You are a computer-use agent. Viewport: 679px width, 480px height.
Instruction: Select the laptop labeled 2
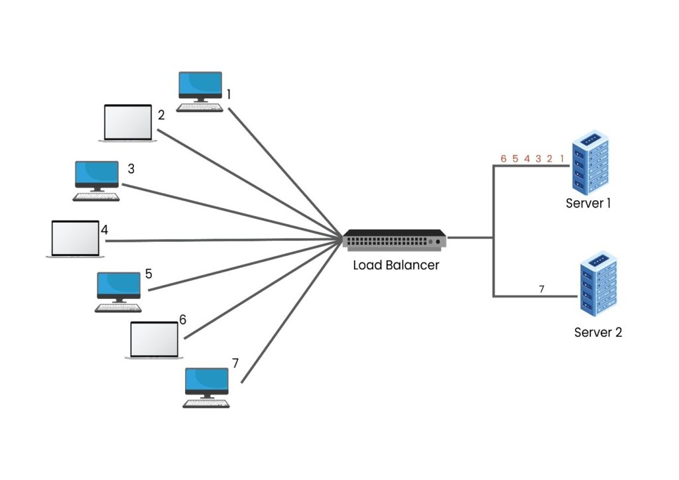[x=128, y=123]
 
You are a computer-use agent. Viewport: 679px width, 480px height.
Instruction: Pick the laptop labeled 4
[x=75, y=239]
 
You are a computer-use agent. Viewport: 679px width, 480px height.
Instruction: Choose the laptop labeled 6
[x=154, y=340]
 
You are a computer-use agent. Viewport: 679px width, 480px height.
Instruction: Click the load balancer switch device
[x=395, y=239]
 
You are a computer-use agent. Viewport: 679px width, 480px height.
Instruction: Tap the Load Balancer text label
[x=395, y=265]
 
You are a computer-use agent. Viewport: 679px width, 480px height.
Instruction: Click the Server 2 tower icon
[x=597, y=282]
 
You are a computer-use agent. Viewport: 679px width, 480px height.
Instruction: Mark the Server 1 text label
[x=588, y=204]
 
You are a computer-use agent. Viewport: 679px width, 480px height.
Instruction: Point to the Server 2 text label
[x=597, y=332]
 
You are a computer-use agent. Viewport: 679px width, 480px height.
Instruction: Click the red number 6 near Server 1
[x=503, y=159]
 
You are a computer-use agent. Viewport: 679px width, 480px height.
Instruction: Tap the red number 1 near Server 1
[x=562, y=159]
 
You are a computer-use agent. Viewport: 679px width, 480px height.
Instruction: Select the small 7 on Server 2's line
[x=541, y=289]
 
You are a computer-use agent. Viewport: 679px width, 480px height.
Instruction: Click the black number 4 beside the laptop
[x=104, y=230]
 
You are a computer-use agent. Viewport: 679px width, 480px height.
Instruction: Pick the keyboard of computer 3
[x=97, y=197]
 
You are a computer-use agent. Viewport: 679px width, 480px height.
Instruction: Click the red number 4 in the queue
[x=526, y=159]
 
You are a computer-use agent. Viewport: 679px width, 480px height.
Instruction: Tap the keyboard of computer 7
[x=206, y=403]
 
